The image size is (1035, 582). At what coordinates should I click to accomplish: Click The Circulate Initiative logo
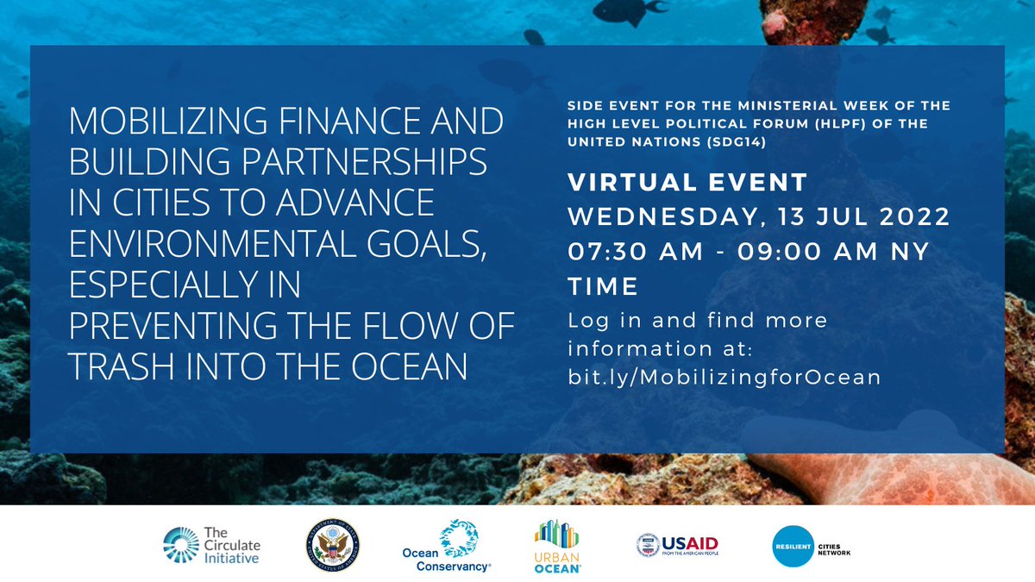click(210, 545)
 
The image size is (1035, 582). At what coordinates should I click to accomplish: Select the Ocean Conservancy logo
click(448, 547)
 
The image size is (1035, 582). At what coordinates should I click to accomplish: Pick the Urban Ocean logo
click(557, 547)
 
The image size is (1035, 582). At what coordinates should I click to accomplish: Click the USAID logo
click(677, 546)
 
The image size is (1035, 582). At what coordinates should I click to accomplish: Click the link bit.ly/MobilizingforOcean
click(724, 378)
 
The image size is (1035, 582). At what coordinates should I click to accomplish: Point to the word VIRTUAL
click(623, 183)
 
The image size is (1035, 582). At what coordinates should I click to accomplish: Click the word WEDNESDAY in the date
click(664, 216)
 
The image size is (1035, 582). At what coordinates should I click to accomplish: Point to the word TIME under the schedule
click(603, 285)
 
